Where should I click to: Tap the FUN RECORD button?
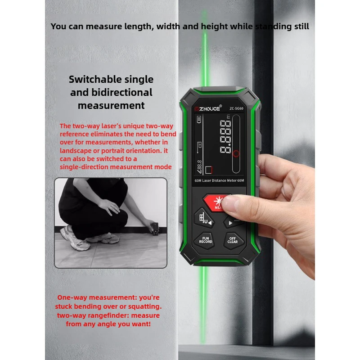click(206, 240)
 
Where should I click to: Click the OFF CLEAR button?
click(232, 240)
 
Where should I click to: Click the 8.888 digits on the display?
click(227, 137)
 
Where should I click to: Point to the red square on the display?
click(208, 170)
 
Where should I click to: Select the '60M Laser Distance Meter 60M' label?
click(219, 180)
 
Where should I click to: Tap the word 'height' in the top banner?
click(212, 26)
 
